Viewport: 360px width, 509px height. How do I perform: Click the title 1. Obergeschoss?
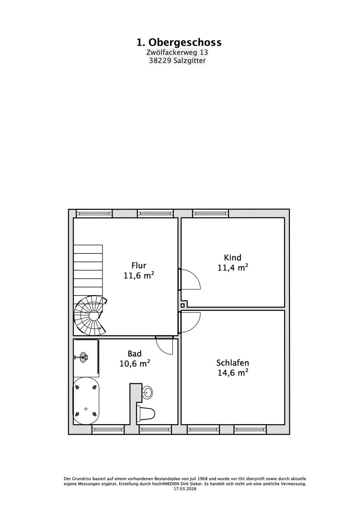[179, 42]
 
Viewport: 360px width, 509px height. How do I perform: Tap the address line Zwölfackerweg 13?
[177, 52]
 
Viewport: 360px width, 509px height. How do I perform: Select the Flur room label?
[139, 265]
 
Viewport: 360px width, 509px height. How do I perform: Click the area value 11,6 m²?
[139, 276]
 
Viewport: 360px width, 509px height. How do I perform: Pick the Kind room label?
[232, 257]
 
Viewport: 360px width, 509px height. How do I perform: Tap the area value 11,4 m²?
[232, 268]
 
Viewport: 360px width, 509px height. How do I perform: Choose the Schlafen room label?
[232, 363]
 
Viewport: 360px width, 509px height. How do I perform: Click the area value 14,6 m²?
[232, 373]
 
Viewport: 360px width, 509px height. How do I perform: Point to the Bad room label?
[134, 353]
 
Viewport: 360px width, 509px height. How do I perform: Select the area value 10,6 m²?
[134, 364]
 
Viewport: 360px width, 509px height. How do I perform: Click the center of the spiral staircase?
[93, 316]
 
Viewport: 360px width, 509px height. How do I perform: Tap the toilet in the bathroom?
[146, 412]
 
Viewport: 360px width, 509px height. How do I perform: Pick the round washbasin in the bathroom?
[147, 392]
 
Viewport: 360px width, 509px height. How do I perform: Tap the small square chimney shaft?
[182, 305]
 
